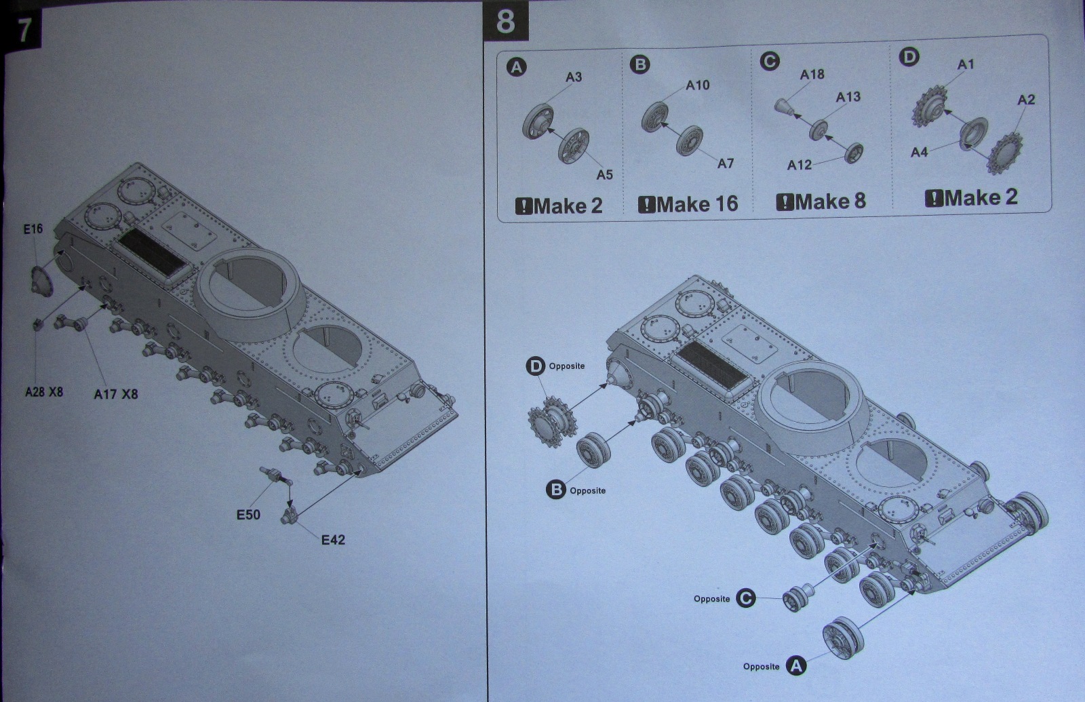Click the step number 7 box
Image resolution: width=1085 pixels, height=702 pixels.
click(24, 29)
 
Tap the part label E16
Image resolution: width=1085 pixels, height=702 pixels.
click(33, 229)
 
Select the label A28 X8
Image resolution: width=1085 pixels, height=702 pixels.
click(44, 391)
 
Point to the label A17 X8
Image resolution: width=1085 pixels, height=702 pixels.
click(115, 393)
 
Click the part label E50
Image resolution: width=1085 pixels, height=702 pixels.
click(248, 515)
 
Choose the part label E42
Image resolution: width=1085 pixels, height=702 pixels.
click(333, 540)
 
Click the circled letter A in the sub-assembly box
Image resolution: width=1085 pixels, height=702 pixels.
click(517, 67)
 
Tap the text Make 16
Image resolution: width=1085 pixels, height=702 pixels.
click(688, 203)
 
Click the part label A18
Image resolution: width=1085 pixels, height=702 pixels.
click(812, 74)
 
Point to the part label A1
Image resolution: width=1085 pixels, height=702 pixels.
click(966, 64)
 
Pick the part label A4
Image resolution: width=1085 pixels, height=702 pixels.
click(919, 153)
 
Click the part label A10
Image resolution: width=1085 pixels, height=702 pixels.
click(697, 85)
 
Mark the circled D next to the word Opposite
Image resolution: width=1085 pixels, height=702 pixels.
click(536, 366)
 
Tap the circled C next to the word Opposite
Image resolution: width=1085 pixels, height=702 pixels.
click(745, 598)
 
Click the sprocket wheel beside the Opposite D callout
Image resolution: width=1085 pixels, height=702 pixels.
click(551, 422)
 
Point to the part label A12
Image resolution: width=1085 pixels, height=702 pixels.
click(799, 165)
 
